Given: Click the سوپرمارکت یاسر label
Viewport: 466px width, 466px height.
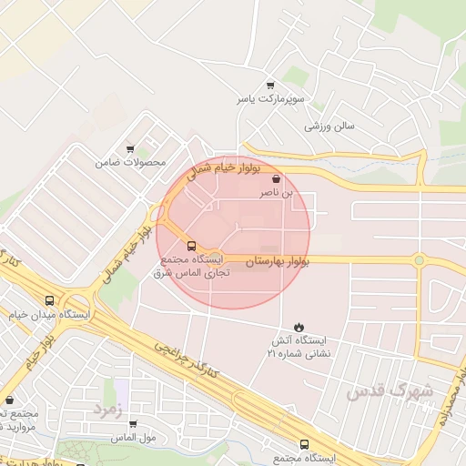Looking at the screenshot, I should click(269, 98).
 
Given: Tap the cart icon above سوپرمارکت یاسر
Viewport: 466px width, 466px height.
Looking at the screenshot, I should click(269, 85).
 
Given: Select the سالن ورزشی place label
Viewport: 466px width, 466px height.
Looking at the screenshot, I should click(329, 125).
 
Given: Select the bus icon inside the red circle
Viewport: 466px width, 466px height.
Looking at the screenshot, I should click(191, 246).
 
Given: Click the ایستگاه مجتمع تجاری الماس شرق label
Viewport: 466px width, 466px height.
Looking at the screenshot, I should click(191, 266).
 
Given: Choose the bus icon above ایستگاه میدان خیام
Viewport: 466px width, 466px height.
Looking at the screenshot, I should click(49, 301).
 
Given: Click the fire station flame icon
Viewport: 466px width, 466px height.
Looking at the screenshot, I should click(299, 327).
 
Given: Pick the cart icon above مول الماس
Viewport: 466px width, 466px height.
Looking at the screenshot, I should click(133, 423).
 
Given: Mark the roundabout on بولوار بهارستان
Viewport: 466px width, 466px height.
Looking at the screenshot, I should click(419, 261).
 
